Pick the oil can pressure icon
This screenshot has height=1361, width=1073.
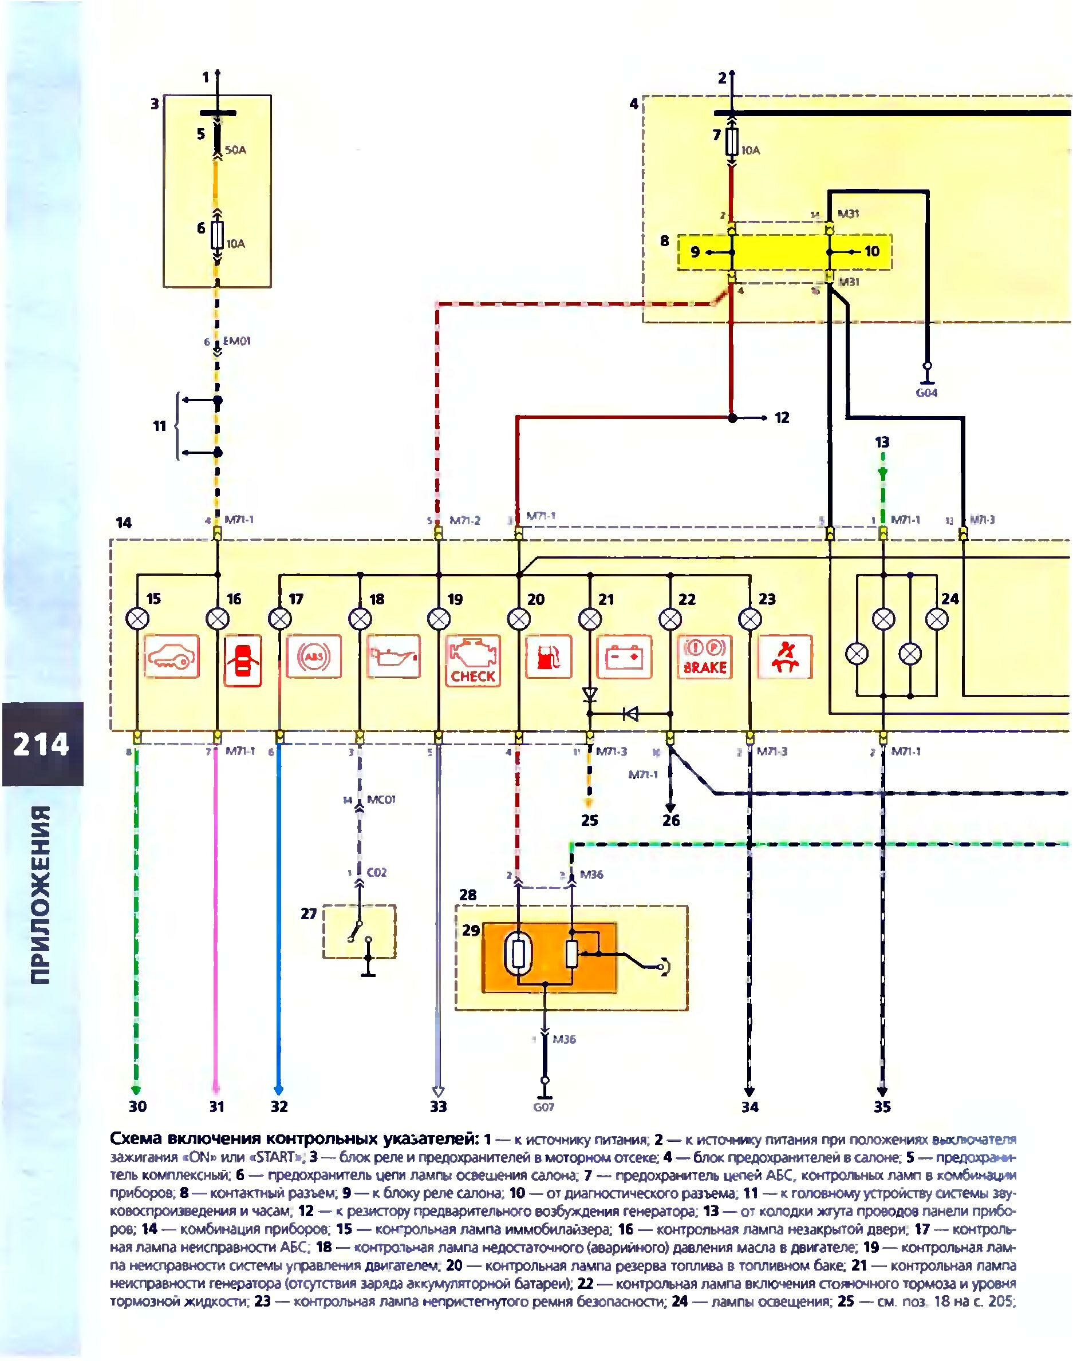(393, 657)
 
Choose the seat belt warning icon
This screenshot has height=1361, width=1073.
(785, 657)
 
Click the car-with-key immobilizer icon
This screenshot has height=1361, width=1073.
(172, 657)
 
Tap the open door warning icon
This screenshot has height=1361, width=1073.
(242, 657)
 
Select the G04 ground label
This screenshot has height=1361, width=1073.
(926, 393)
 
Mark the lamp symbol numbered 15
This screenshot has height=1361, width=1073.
(137, 619)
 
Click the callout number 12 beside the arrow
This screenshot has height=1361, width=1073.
(782, 418)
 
